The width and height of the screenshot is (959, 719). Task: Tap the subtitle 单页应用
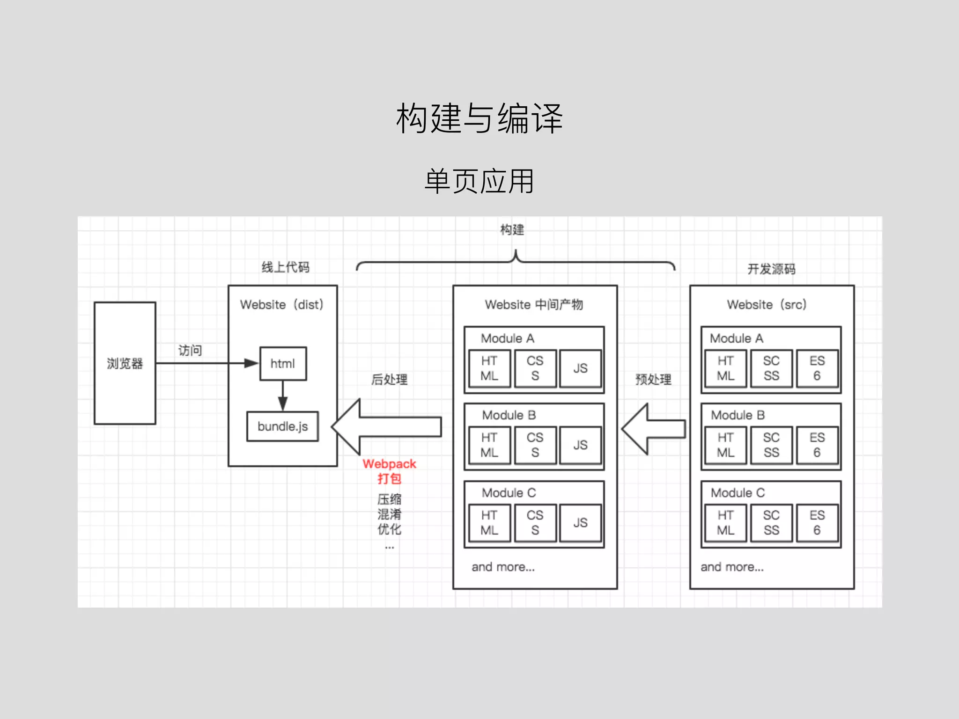[x=479, y=181]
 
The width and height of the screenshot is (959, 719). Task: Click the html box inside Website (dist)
[x=283, y=364]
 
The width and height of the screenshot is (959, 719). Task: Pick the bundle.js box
[x=282, y=426]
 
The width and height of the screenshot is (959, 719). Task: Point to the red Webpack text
[x=389, y=464]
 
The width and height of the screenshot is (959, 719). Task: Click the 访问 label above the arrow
[x=190, y=350]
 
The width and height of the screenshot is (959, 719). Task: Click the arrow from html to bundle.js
[x=283, y=396]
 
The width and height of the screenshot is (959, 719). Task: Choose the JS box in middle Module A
[x=580, y=368]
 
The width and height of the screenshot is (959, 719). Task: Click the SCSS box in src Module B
[x=771, y=445]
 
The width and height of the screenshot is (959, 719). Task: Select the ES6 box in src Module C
[x=817, y=523]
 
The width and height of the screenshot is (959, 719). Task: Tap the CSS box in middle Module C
[x=535, y=523]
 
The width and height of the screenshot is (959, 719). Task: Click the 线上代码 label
[x=285, y=267]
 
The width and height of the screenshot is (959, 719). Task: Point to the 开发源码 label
[x=771, y=269]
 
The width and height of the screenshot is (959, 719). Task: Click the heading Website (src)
[x=767, y=305]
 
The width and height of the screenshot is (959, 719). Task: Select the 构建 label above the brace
[x=512, y=230]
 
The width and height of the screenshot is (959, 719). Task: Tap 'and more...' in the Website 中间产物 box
[x=503, y=567]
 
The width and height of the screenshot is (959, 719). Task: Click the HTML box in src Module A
[x=725, y=368]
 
